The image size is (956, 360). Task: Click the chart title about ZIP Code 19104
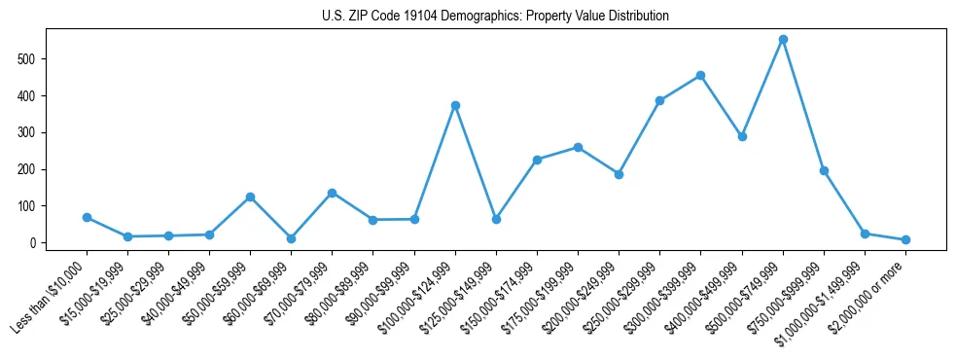pyautogui.click(x=495, y=17)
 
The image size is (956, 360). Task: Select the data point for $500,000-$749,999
pyautogui.click(x=783, y=40)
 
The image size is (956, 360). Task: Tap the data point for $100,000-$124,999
pyautogui.click(x=455, y=105)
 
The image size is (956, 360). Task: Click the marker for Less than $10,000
pyautogui.click(x=87, y=218)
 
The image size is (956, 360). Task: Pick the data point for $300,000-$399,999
pyautogui.click(x=700, y=75)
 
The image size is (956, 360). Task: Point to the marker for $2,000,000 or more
pyautogui.click(x=905, y=239)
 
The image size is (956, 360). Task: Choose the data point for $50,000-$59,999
pyautogui.click(x=250, y=197)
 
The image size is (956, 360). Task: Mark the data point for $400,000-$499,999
pyautogui.click(x=742, y=136)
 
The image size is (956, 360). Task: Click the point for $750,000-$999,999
pyautogui.click(x=824, y=170)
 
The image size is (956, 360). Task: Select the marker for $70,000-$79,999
pyautogui.click(x=332, y=193)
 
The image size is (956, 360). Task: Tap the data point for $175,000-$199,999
pyautogui.click(x=578, y=147)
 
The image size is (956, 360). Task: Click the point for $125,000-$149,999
pyautogui.click(x=496, y=219)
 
